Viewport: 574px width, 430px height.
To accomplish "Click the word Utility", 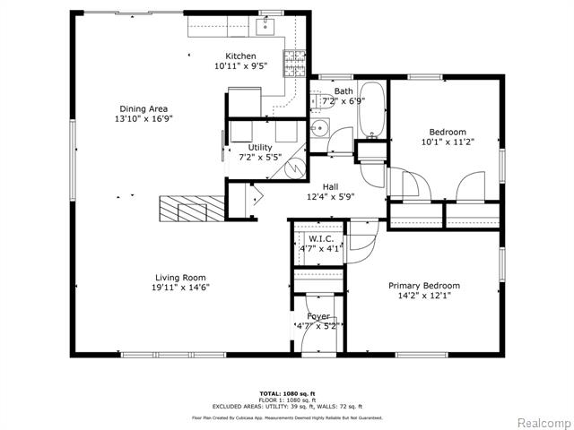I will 260,147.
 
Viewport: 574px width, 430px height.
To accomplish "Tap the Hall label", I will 331,186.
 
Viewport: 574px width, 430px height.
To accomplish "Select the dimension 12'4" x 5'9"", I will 331,197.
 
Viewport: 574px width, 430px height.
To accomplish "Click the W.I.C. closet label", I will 320,240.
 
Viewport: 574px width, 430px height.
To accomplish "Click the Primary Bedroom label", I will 430,286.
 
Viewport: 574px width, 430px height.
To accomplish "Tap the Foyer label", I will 318,316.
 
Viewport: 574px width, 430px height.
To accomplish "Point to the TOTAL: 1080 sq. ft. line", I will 286,393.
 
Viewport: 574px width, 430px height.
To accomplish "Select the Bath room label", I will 344,91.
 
